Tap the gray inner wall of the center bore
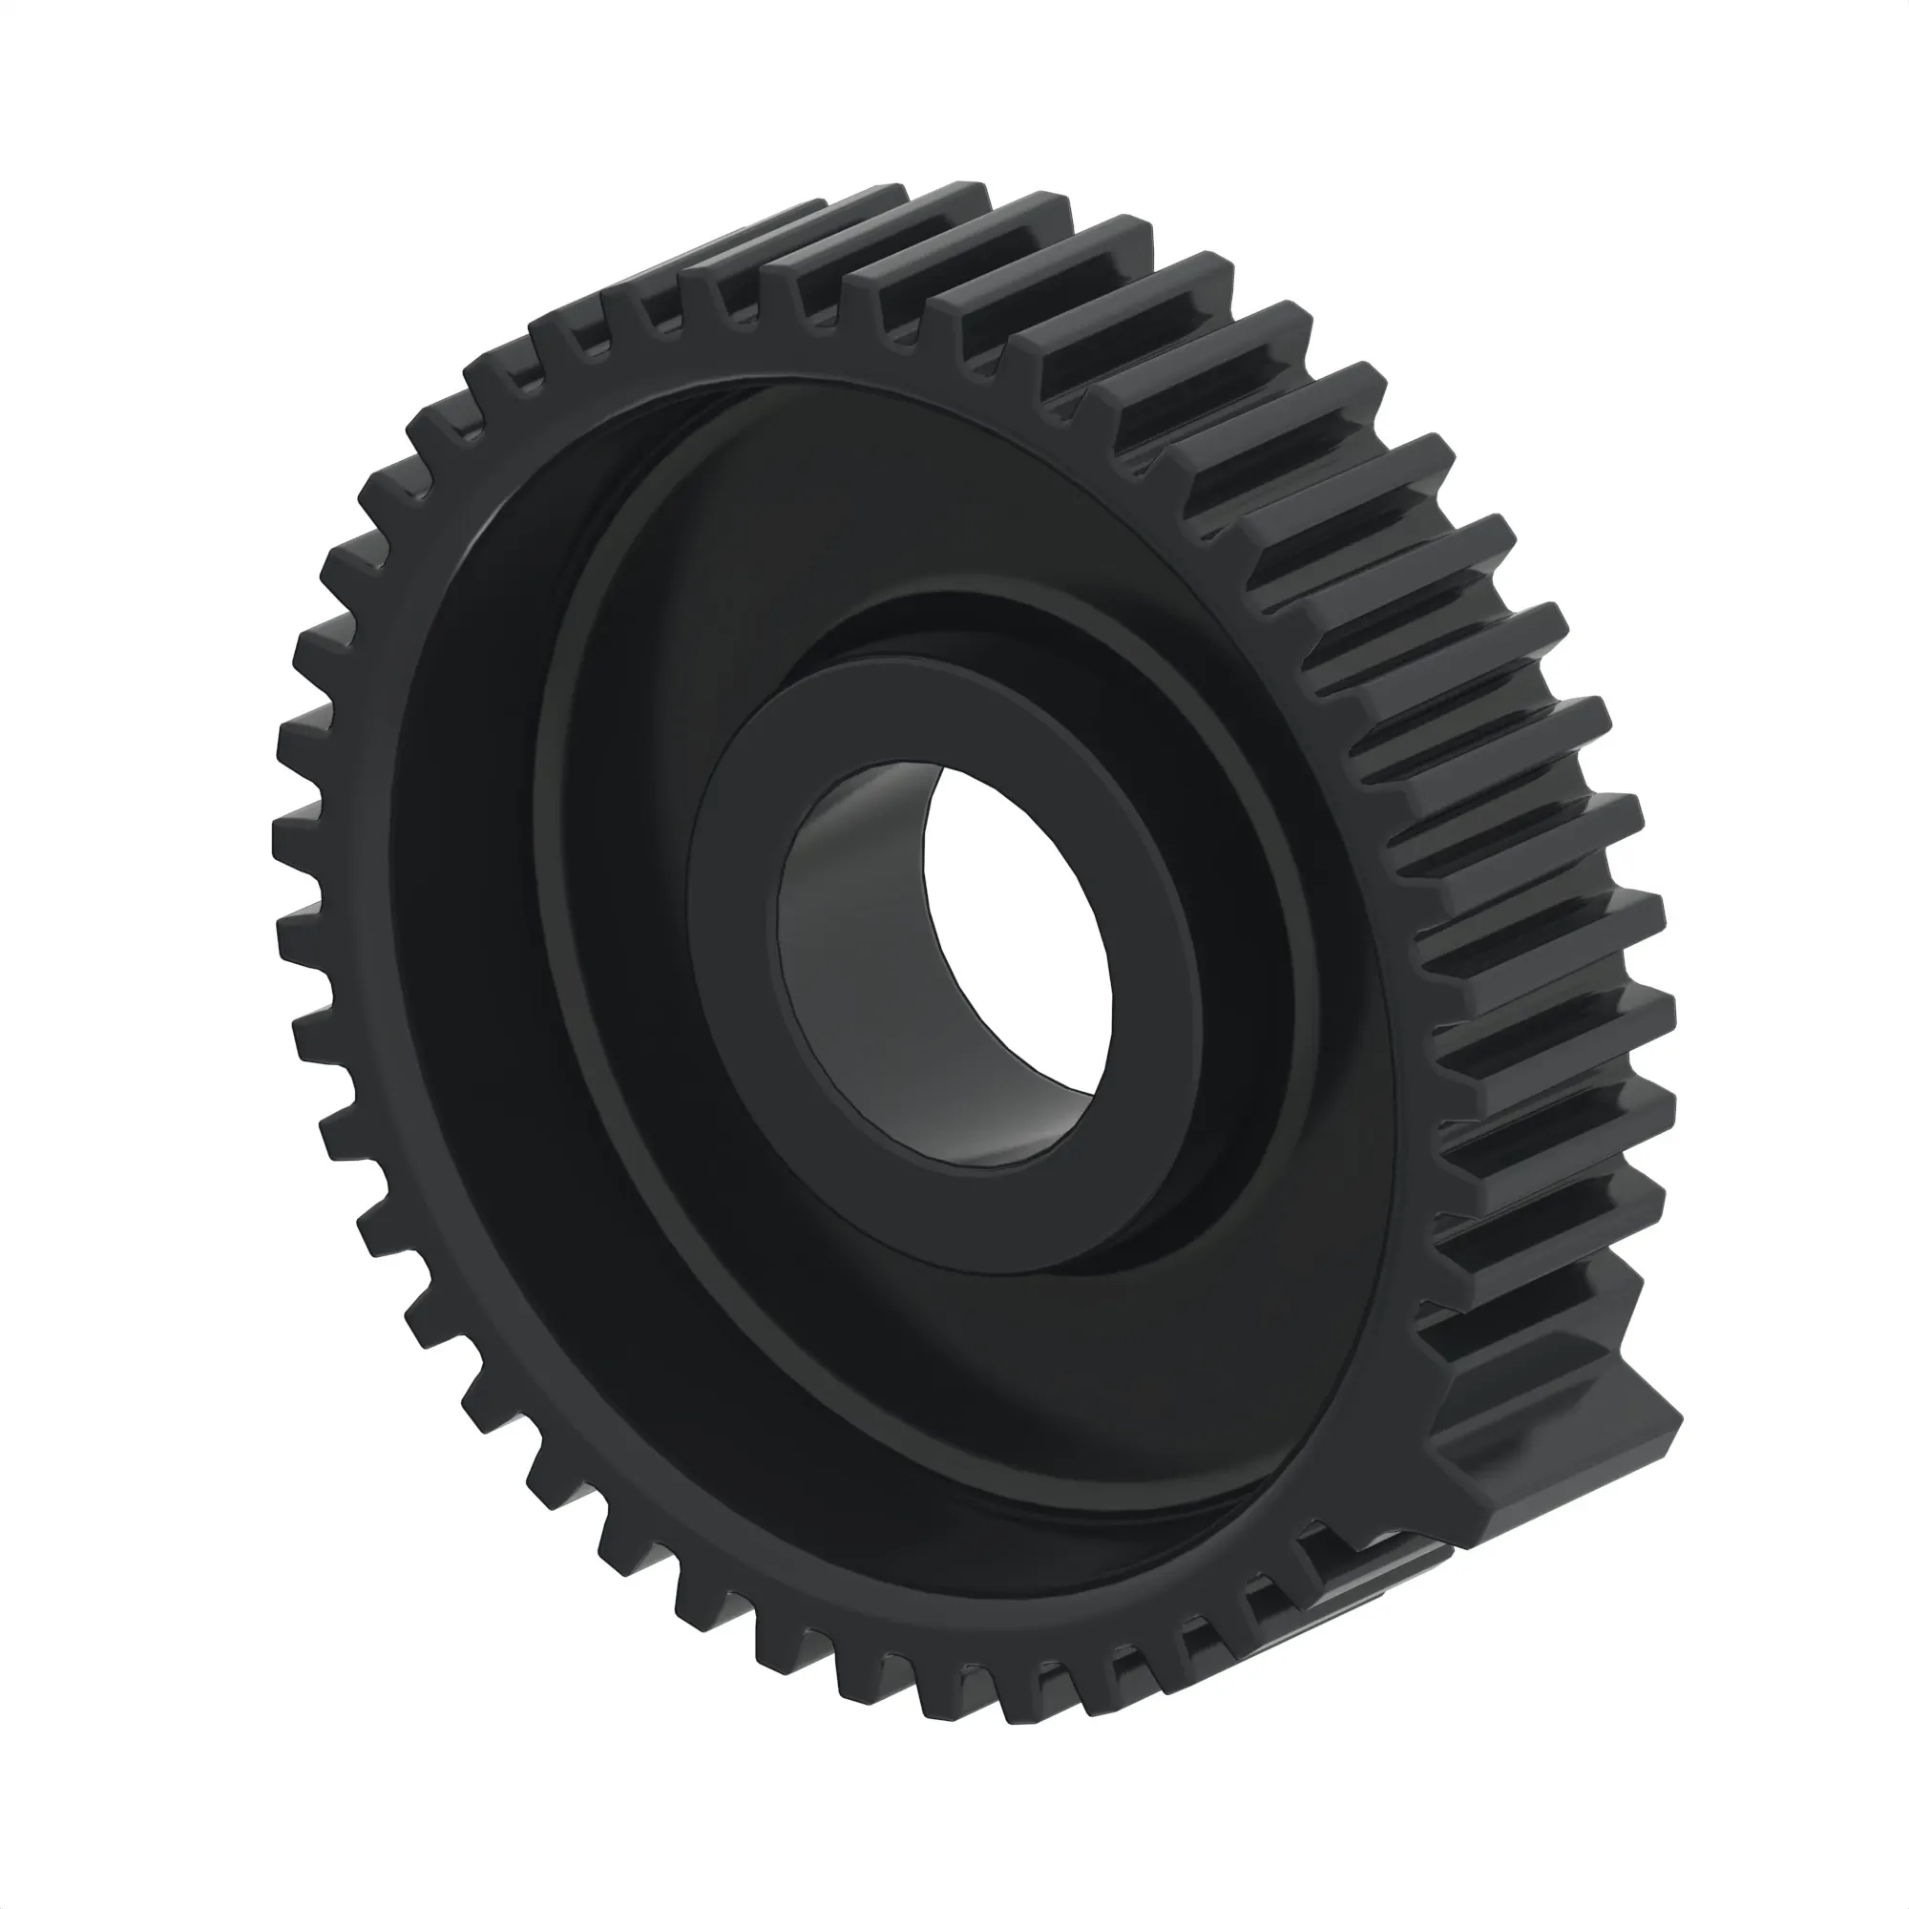coord(850,968)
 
